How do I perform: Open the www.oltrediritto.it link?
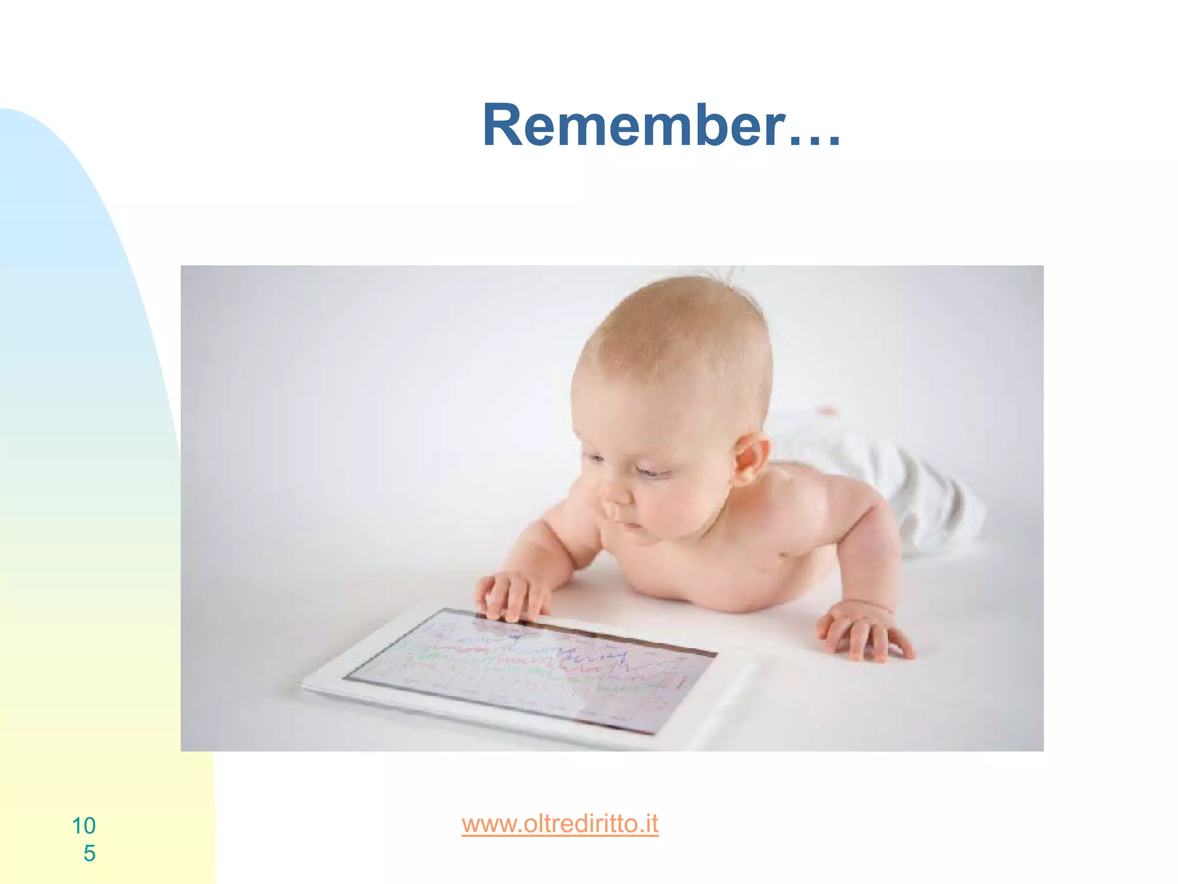pyautogui.click(x=560, y=824)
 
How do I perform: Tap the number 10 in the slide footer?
pyautogui.click(x=84, y=826)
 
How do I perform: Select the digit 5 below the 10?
pyautogui.click(x=89, y=853)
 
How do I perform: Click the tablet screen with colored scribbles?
pyautogui.click(x=529, y=668)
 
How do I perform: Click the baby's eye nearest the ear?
pyautogui.click(x=653, y=473)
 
